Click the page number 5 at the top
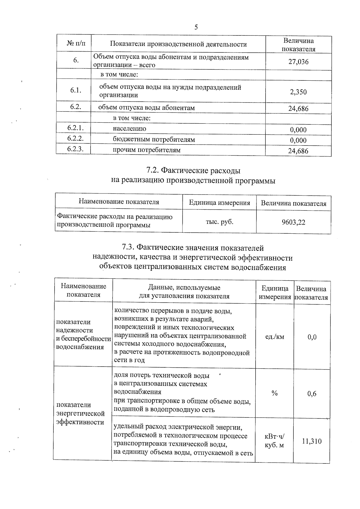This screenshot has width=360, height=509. pos(196,28)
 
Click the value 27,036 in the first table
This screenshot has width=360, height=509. pos(298,62)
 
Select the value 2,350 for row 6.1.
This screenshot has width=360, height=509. pos(298,92)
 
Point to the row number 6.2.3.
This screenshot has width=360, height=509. pos(75,149)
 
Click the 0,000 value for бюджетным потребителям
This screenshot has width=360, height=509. pos(298,140)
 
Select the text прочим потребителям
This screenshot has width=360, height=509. pos(147,150)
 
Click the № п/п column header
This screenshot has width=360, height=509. pos(76,44)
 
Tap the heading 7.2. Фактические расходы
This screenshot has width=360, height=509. pos(193,171)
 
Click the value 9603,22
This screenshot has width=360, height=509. pos(293,222)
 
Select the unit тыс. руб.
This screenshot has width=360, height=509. pos(219,222)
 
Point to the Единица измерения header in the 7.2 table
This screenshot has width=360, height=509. pos(219,203)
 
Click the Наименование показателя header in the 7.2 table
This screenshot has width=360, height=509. pos(119,202)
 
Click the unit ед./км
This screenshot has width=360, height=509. pos(275,337)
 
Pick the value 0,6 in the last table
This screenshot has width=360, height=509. pos(312,394)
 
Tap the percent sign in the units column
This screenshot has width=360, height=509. pos(274,393)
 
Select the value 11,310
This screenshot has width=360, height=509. pos(312,441)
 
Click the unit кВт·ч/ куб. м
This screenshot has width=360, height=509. pos(274,441)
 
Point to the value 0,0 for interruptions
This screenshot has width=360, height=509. pos(312,337)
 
